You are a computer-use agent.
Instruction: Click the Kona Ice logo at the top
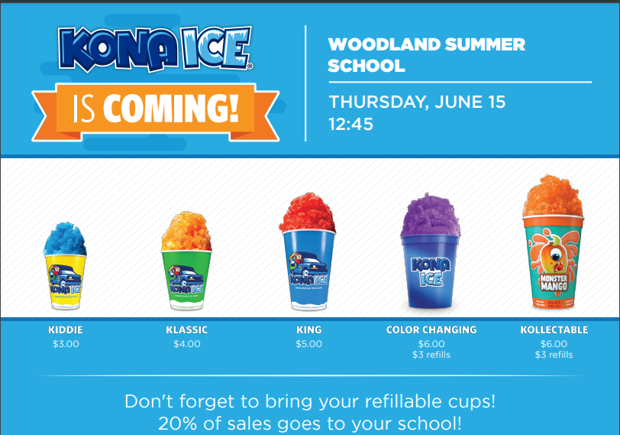[x=155, y=49]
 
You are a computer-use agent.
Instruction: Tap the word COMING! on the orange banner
[x=171, y=108]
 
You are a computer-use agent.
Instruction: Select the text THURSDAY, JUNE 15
[x=417, y=102]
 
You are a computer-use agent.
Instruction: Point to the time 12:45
[x=350, y=125]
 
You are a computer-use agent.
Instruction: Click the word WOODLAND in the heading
[x=383, y=44]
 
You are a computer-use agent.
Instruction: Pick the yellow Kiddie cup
[x=65, y=281]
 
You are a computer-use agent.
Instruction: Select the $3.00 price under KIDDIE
[x=66, y=344]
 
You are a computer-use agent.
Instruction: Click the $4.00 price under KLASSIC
[x=187, y=344]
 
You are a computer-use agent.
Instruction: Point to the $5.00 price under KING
[x=308, y=344]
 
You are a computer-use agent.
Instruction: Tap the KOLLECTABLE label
[x=554, y=329]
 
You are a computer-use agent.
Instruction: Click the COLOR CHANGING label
[x=431, y=329]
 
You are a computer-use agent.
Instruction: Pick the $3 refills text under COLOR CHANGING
[x=431, y=355]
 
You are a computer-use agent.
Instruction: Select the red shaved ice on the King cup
[x=308, y=213]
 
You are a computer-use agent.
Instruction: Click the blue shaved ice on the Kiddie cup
[x=65, y=239]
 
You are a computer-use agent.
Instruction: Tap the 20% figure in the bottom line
[x=178, y=424]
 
